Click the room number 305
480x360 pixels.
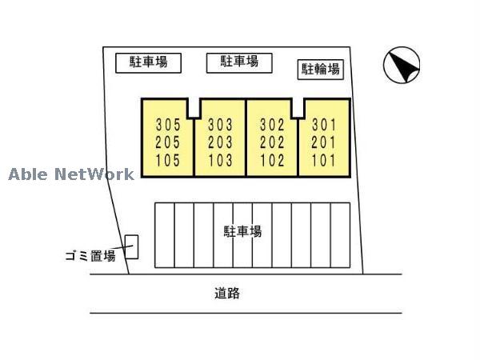(168, 125)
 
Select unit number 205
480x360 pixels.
(168, 142)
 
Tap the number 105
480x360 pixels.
(168, 160)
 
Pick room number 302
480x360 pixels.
(273, 125)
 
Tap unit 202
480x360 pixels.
(273, 142)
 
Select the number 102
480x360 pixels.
(273, 160)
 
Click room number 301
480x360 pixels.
(324, 125)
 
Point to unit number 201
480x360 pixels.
(324, 142)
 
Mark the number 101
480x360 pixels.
(324, 160)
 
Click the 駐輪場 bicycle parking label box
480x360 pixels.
(320, 70)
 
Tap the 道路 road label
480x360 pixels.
(227, 294)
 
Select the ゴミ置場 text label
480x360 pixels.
(90, 256)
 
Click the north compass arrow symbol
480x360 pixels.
(402, 66)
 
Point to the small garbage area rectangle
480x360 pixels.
(131, 246)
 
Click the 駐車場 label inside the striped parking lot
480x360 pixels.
(242, 232)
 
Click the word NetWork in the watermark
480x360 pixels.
(94, 174)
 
